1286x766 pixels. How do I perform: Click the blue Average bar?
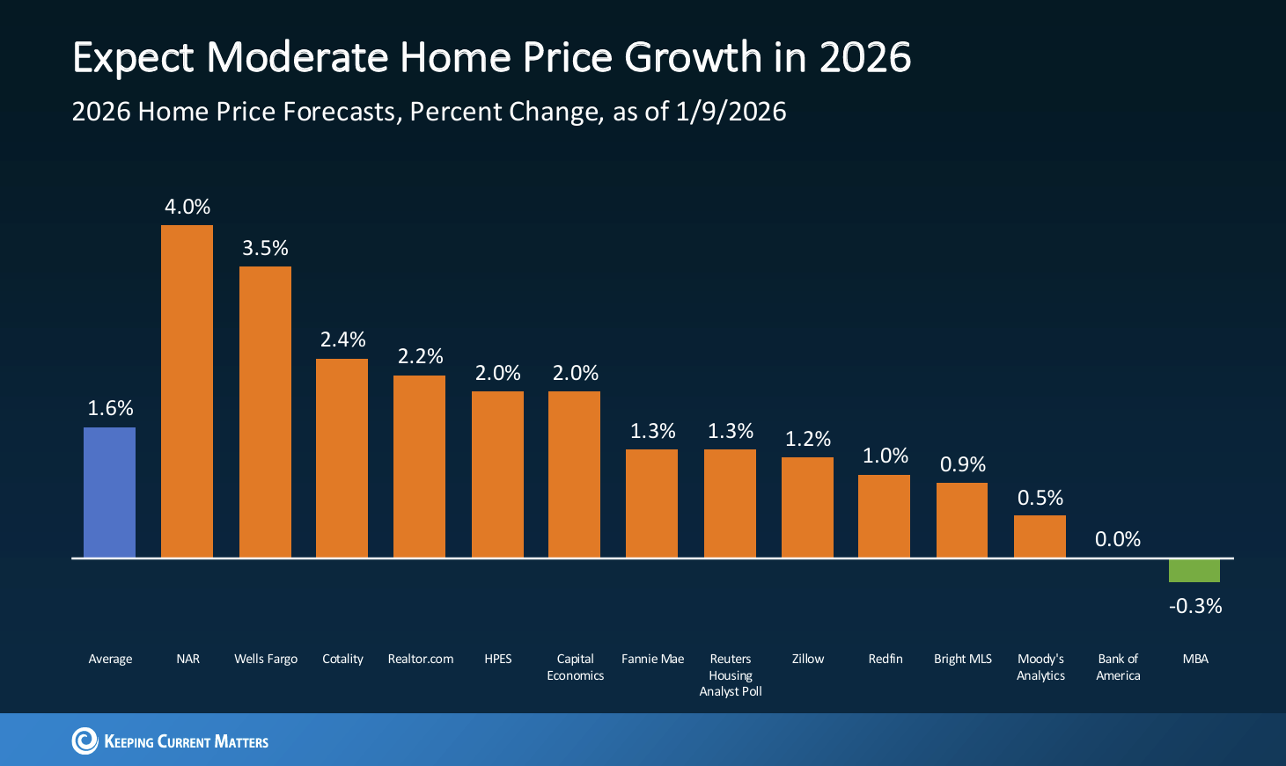[x=110, y=492]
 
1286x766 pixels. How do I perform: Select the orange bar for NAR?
[x=187, y=391]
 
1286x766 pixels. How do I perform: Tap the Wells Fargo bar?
[x=265, y=412]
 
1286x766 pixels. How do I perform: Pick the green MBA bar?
[x=1194, y=571]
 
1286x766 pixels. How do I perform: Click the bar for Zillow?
[x=807, y=507]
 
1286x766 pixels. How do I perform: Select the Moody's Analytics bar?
[x=1040, y=536]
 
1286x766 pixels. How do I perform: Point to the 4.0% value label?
[x=187, y=207]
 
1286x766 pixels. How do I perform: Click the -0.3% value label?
[x=1195, y=606]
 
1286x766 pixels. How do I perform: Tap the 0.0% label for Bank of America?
[x=1118, y=539]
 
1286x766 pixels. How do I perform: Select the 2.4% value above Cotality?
[x=342, y=339]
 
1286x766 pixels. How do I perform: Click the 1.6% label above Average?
[x=110, y=408]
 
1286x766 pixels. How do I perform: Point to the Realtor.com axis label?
[x=421, y=659]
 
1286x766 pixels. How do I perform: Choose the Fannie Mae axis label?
[x=652, y=659]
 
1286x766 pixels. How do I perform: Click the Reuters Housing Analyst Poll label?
[x=731, y=675]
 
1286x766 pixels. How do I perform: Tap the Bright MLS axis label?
[x=963, y=659]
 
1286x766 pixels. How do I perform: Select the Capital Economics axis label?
[x=575, y=667]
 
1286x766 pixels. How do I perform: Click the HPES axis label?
[x=498, y=659]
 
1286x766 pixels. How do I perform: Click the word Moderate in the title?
[x=298, y=58]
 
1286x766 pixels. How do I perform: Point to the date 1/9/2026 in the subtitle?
[x=731, y=112]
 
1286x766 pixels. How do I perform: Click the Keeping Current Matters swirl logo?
[x=85, y=740]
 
